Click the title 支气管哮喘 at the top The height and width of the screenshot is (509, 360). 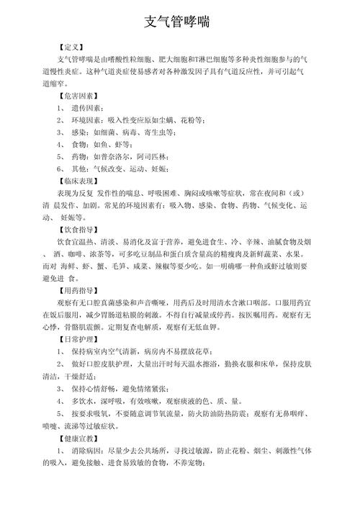(179, 22)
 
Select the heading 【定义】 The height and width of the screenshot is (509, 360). (75, 46)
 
